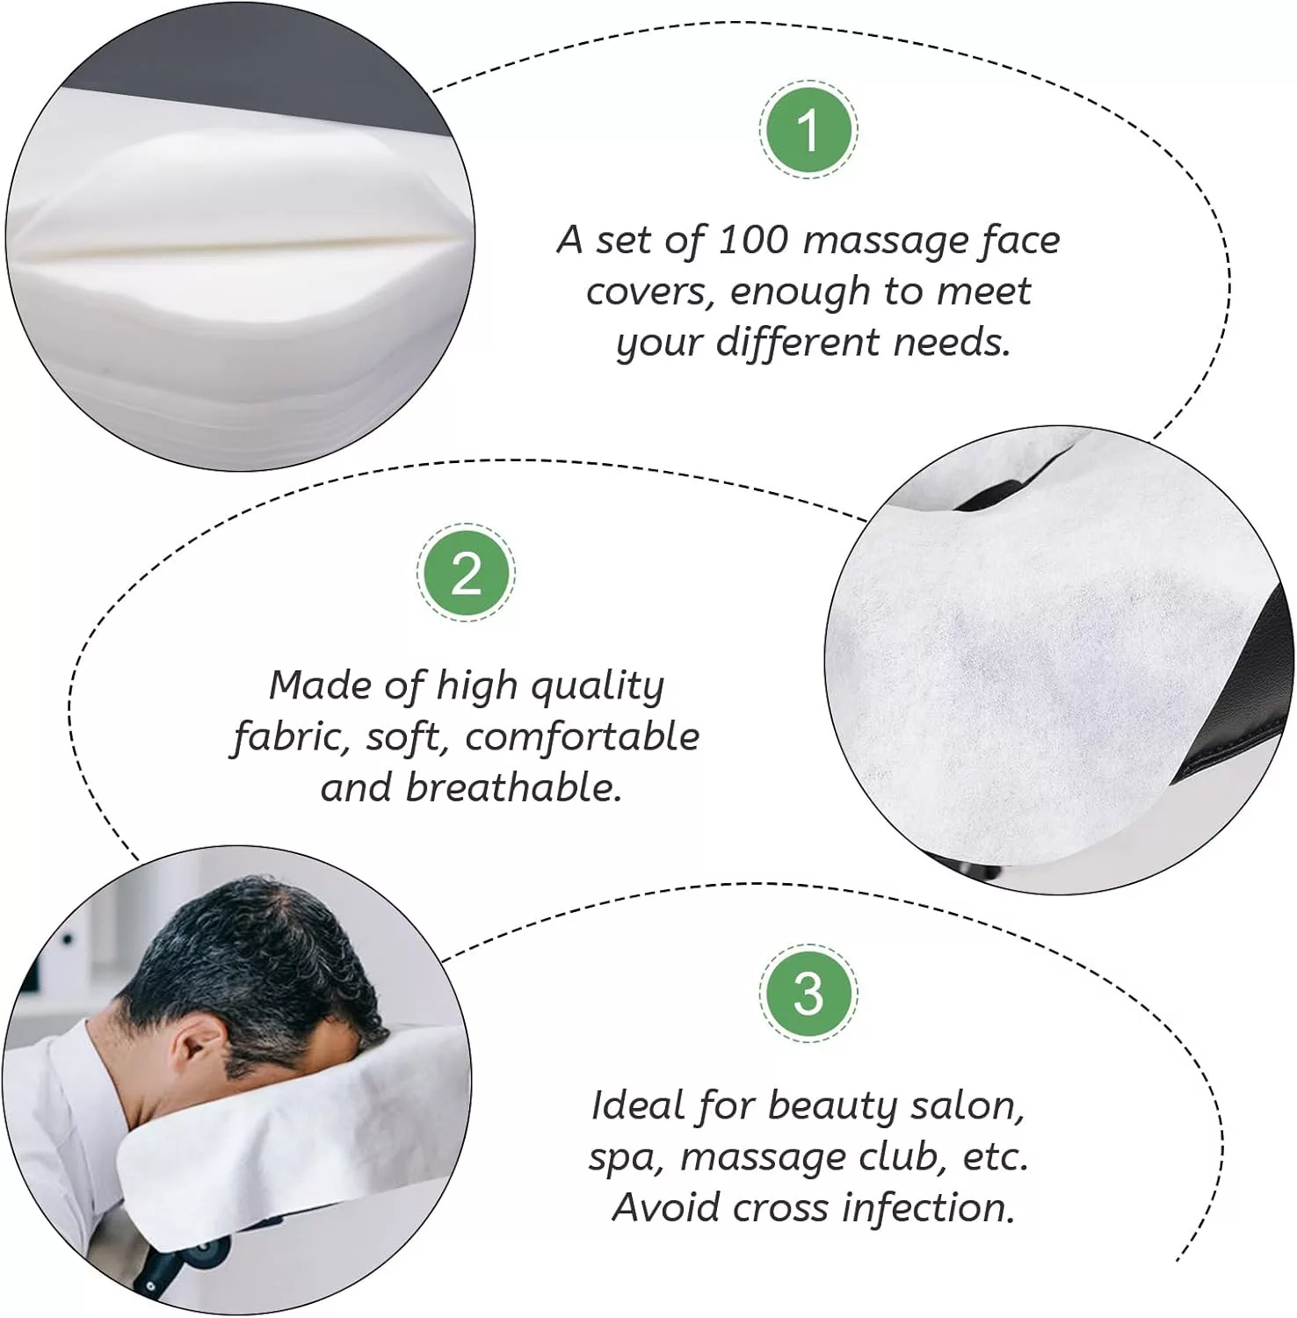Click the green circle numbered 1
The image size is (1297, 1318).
coord(808,130)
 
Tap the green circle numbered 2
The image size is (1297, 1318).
coord(466,573)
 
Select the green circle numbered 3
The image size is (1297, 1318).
coord(808,993)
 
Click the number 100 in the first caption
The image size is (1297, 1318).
coord(752,240)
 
